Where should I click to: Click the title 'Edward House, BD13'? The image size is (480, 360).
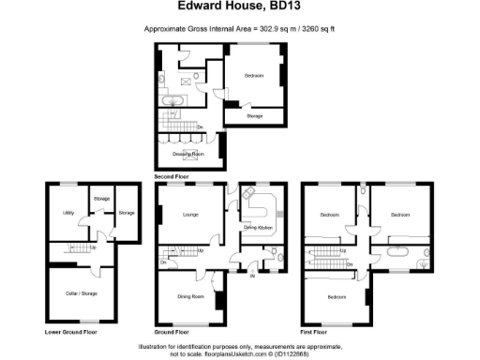click(x=239, y=11)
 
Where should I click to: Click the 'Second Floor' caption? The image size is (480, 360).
click(x=172, y=175)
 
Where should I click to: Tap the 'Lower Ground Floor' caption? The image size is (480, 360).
click(x=70, y=332)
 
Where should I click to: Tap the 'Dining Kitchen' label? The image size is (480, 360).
click(x=258, y=228)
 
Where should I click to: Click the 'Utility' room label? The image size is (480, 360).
click(x=68, y=214)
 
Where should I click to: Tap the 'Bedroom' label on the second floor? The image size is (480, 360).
click(x=254, y=75)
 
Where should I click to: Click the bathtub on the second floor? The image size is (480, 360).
click(x=175, y=99)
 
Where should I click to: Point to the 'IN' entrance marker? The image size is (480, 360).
click(x=251, y=276)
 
